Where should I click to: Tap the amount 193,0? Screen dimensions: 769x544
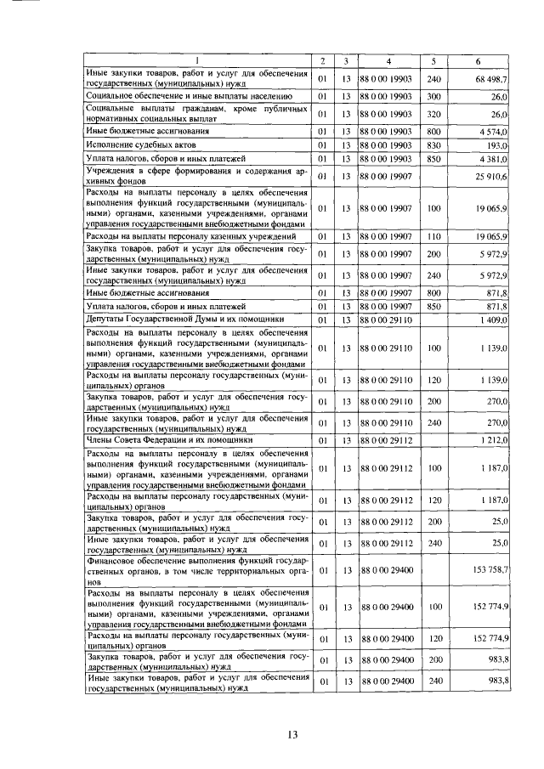tap(496, 145)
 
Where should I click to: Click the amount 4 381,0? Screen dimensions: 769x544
tap(493, 159)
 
